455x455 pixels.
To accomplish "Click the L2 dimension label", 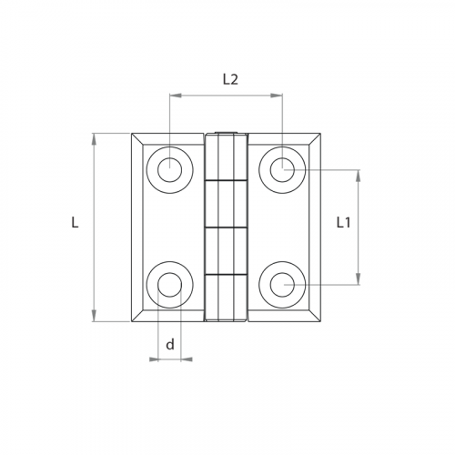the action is [230, 79].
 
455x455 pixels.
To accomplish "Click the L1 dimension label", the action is [344, 223].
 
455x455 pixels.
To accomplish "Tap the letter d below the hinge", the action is [170, 344].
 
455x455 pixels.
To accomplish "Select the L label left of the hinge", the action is [75, 222].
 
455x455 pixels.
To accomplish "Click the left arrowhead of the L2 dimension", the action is [176, 96].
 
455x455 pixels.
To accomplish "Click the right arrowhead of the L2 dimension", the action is [277, 96].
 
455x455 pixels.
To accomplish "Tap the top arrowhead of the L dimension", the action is [94, 139].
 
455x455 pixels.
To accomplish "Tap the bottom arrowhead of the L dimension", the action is [94, 316].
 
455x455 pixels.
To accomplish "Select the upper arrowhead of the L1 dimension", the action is [359, 176].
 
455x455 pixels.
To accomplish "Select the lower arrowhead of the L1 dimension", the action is [359, 278].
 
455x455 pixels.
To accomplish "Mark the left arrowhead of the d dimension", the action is [154, 359].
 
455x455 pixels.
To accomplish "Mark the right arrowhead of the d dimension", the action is [187, 359].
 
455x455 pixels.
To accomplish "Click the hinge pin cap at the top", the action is [226, 132].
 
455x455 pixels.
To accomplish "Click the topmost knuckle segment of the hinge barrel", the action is [226, 157].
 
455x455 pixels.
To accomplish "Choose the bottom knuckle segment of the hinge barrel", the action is [226, 298].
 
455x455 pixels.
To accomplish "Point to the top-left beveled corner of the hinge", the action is [137, 139].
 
